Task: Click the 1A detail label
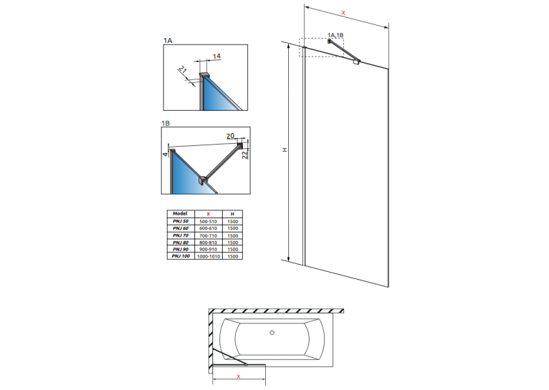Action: pyautogui.click(x=168, y=41)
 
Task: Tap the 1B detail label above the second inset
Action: pyautogui.click(x=166, y=123)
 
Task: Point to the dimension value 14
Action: pyautogui.click(x=216, y=56)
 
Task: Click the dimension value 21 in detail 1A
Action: pyautogui.click(x=183, y=69)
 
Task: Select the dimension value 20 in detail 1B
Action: pyautogui.click(x=230, y=136)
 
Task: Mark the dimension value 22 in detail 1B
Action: pyautogui.click(x=244, y=154)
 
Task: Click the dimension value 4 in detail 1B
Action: pyautogui.click(x=166, y=155)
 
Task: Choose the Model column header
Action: pyautogui.click(x=181, y=213)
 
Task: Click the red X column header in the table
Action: pyautogui.click(x=209, y=214)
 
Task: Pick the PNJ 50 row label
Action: pyautogui.click(x=181, y=221)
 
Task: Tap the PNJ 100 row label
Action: pyautogui.click(x=181, y=256)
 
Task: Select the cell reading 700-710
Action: pyautogui.click(x=209, y=235)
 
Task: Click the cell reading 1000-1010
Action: pyautogui.click(x=209, y=256)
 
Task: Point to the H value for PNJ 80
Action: pyautogui.click(x=232, y=243)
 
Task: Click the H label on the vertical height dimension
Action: pyautogui.click(x=285, y=150)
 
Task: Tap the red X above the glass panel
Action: pyautogui.click(x=343, y=13)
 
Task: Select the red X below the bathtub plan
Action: pyautogui.click(x=239, y=376)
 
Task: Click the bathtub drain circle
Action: pyautogui.click(x=272, y=333)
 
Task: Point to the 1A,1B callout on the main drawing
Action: pyautogui.click(x=335, y=35)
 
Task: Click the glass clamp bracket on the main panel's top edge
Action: pyautogui.click(x=356, y=62)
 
